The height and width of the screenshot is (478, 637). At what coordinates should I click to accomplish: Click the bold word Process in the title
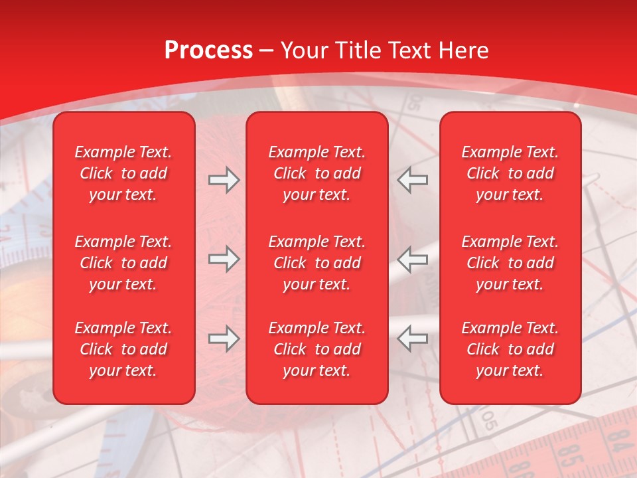pyautogui.click(x=208, y=50)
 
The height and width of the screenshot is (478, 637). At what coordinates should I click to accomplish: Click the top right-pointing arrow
pyautogui.click(x=224, y=180)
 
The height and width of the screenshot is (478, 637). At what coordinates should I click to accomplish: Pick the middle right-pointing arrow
pyautogui.click(x=224, y=259)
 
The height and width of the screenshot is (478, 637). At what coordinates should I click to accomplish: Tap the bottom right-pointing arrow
pyautogui.click(x=224, y=339)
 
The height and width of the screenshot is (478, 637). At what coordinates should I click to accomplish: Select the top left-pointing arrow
pyautogui.click(x=413, y=180)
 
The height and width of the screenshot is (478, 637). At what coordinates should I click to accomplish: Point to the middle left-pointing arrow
pyautogui.click(x=413, y=259)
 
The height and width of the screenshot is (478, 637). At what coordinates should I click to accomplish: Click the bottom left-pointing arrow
pyautogui.click(x=413, y=339)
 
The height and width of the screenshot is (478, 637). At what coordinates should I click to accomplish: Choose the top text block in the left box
pyautogui.click(x=123, y=173)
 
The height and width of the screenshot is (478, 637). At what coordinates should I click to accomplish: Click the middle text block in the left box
pyautogui.click(x=123, y=263)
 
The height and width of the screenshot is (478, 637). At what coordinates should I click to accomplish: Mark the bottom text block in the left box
pyautogui.click(x=123, y=349)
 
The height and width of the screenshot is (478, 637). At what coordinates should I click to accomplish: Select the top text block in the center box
pyautogui.click(x=317, y=173)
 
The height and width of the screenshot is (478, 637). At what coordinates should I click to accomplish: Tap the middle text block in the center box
pyautogui.click(x=317, y=263)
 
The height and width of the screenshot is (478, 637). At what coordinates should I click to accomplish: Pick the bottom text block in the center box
pyautogui.click(x=317, y=349)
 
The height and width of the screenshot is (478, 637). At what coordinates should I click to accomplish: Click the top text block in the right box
pyautogui.click(x=510, y=173)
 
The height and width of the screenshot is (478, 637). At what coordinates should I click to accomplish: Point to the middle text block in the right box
pyautogui.click(x=510, y=263)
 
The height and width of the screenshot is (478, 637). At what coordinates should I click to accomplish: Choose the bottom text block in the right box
pyautogui.click(x=510, y=349)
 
